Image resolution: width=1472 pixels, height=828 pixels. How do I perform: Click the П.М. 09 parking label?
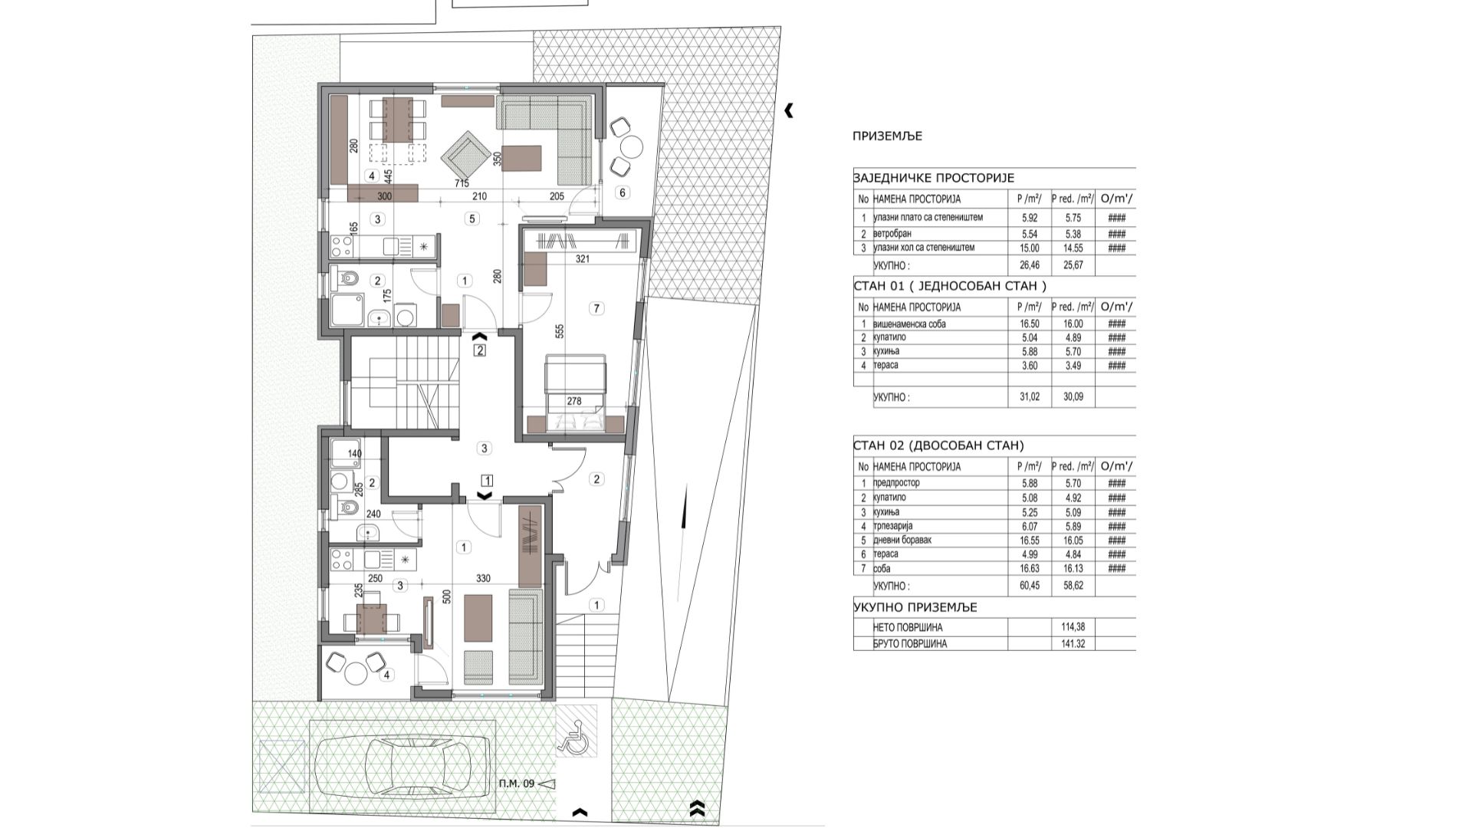pyautogui.click(x=516, y=784)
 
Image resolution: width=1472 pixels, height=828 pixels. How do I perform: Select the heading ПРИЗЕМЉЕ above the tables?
pyautogui.click(x=887, y=136)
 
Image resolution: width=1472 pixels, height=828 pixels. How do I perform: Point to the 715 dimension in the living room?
pyautogui.click(x=462, y=183)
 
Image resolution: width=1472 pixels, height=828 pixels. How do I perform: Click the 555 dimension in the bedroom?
pyautogui.click(x=560, y=332)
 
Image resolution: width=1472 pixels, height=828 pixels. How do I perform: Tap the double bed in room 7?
pyautogui.click(x=575, y=394)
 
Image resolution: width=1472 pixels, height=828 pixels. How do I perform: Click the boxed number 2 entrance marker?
pyautogui.click(x=480, y=351)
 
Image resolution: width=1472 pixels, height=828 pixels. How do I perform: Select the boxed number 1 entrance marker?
pyautogui.click(x=486, y=481)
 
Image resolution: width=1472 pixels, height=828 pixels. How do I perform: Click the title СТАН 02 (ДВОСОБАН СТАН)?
pyautogui.click(x=938, y=445)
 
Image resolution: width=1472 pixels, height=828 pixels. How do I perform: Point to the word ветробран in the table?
pyautogui.click(x=892, y=234)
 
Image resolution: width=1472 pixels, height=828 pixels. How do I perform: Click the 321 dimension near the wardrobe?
pyautogui.click(x=583, y=259)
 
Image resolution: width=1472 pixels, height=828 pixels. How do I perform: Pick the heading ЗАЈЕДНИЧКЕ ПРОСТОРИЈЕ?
pyautogui.click(x=933, y=178)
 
